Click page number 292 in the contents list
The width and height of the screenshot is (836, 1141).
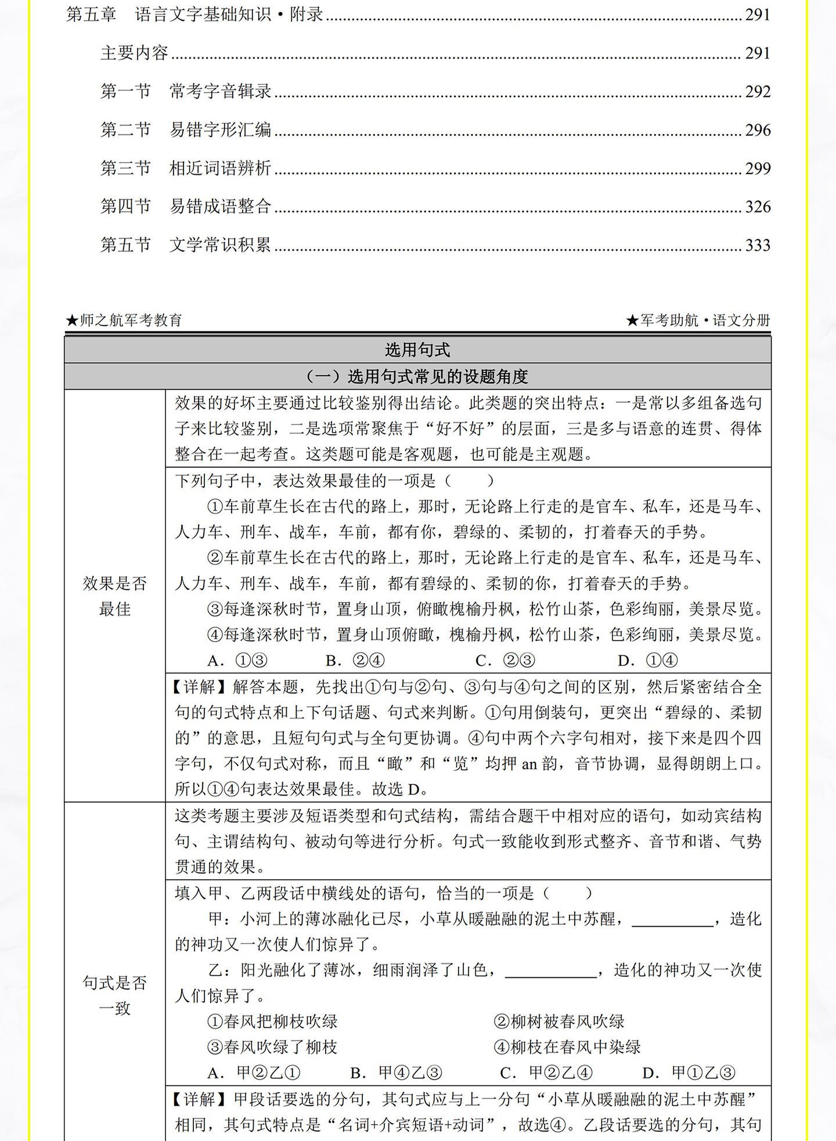(758, 92)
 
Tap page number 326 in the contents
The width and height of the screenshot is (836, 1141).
(758, 207)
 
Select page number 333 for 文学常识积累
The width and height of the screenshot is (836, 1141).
(758, 245)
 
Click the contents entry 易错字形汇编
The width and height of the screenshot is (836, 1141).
(220, 130)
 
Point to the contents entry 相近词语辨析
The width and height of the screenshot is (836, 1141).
(220, 168)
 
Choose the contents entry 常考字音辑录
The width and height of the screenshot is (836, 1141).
(220, 92)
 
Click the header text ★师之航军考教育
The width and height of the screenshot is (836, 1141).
(124, 320)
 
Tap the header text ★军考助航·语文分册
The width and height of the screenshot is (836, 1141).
(698, 320)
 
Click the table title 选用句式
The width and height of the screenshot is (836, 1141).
(417, 350)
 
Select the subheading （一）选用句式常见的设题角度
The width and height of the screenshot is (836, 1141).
(417, 377)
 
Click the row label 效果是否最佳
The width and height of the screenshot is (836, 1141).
(115, 596)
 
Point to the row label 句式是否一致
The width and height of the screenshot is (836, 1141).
(115, 995)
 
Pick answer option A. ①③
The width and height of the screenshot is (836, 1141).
(237, 661)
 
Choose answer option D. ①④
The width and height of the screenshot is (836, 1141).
(648, 661)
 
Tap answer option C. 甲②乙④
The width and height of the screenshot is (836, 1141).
(546, 1072)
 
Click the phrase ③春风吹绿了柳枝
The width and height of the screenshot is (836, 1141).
(272, 1047)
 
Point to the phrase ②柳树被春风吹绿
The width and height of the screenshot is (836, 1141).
(559, 1021)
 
